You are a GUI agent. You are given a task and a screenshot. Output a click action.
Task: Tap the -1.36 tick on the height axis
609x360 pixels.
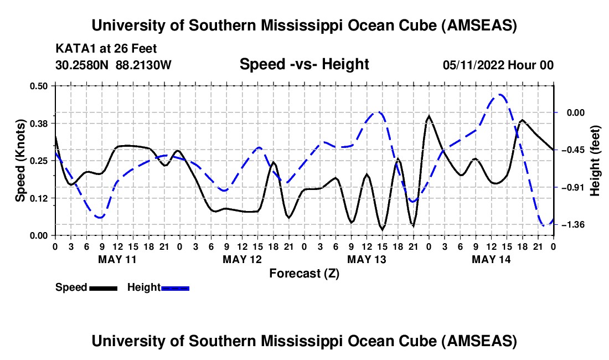pos(573,225)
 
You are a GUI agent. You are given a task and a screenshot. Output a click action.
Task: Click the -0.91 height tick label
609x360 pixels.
pos(573,188)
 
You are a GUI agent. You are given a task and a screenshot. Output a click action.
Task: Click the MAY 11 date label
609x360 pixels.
pos(117,259)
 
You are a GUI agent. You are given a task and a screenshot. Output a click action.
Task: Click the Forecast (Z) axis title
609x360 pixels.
pos(304,273)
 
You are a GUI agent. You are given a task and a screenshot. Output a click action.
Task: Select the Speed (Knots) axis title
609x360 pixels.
pos(20,161)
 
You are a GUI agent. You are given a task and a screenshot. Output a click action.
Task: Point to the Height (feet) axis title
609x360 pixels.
pos(596,161)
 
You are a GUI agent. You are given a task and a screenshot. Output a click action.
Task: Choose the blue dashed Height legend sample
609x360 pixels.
pos(175,288)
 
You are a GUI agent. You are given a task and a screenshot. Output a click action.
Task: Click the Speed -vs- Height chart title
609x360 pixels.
pos(304,64)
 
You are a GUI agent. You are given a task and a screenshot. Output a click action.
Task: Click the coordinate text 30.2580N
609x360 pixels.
pos(84,65)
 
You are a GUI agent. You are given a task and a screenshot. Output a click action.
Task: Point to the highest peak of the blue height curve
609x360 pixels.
pos(500,95)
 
